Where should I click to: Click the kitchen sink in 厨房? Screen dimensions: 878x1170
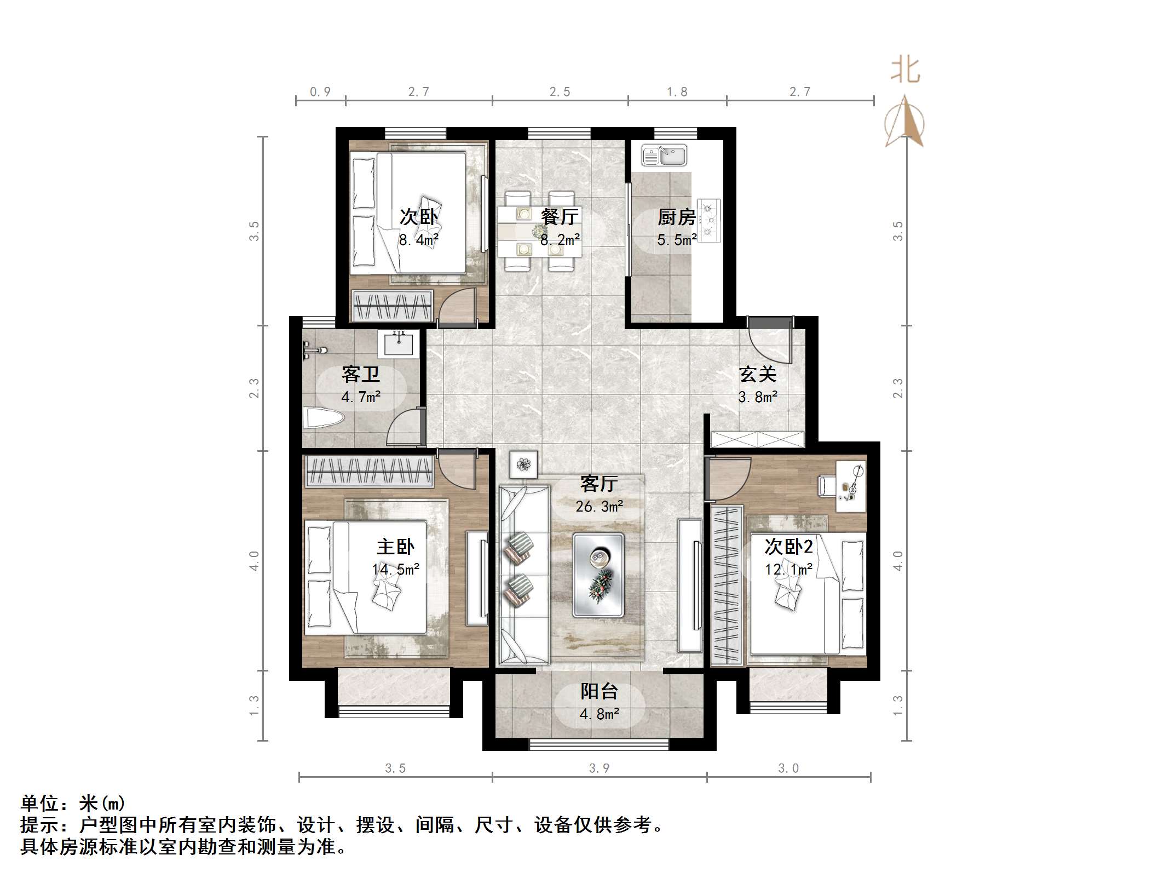pos(664,155)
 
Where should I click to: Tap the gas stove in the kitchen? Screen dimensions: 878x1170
pos(710,221)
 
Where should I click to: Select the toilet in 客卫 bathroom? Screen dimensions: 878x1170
pos(324,419)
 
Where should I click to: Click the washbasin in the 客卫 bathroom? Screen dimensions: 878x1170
pos(398,344)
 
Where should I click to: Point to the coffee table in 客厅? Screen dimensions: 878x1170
pos(598,575)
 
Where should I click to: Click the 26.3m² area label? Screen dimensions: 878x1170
pos(599,507)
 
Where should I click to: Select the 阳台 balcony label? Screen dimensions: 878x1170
pos(599,691)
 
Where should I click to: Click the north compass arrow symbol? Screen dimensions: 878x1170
pos(904,122)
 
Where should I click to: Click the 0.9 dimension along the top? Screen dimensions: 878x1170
pos(320,92)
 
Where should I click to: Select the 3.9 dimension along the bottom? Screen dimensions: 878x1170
pos(599,768)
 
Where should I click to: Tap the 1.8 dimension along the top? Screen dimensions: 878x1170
pos(677,92)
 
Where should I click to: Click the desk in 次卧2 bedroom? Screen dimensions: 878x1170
pos(850,486)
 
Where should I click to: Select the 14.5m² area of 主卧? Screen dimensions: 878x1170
pos(395,569)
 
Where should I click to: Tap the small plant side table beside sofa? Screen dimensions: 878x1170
pos(524,465)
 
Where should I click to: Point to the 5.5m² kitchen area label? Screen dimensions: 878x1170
pos(677,240)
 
